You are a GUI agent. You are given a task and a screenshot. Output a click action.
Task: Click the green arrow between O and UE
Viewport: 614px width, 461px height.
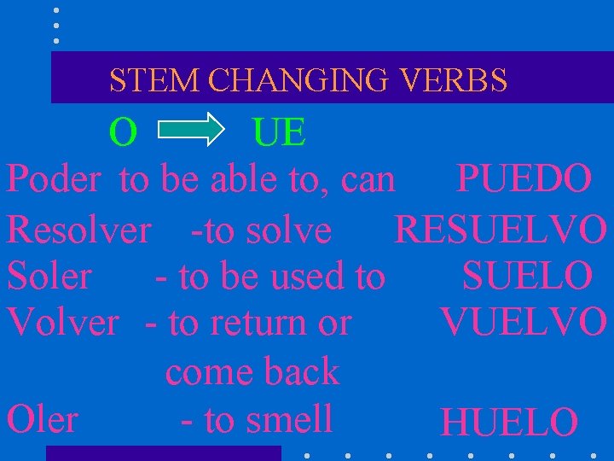(190, 132)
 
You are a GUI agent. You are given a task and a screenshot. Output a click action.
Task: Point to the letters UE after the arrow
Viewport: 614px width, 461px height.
(279, 132)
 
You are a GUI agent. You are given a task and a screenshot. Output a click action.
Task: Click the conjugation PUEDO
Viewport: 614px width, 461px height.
(524, 179)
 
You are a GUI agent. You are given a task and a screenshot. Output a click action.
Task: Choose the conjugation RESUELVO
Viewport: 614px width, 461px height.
(501, 229)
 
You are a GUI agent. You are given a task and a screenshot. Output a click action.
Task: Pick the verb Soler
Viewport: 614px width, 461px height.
(49, 276)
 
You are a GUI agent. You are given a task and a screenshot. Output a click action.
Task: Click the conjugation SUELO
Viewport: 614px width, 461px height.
(527, 276)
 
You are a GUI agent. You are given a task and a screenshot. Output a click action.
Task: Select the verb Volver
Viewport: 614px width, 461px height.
(62, 323)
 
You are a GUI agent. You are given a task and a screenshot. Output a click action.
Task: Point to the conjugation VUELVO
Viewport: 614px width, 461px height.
(524, 323)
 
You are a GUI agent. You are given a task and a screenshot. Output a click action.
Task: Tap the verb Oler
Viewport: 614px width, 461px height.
(42, 419)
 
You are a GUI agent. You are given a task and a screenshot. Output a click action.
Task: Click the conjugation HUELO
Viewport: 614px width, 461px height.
(508, 422)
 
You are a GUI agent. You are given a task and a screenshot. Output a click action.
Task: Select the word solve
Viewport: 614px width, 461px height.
(287, 229)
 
